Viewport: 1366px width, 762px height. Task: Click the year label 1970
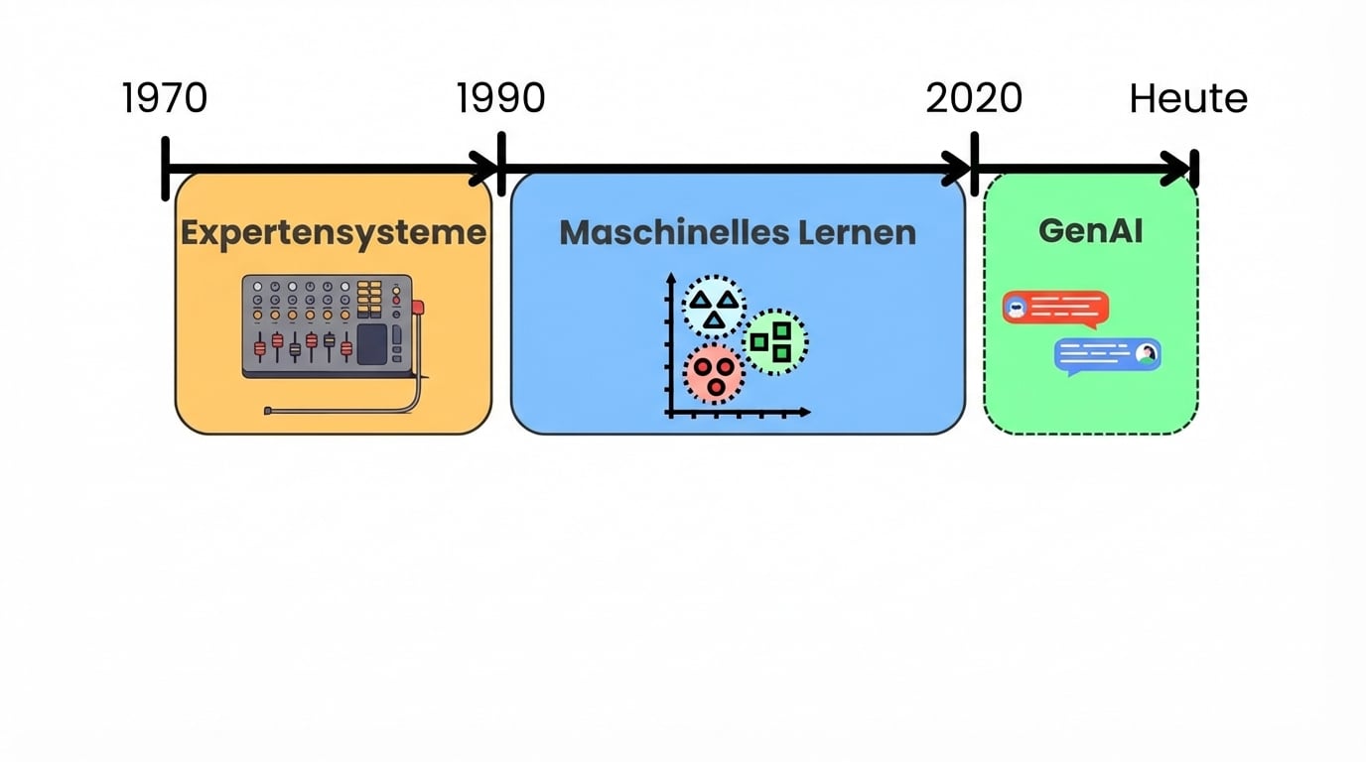165,98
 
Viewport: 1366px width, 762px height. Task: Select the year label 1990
500,98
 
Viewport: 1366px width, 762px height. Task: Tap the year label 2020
974,98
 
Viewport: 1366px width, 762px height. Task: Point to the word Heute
1188,99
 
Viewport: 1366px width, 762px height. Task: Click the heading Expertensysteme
334,232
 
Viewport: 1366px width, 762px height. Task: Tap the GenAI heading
1090,230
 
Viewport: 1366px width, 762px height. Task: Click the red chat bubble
1055,309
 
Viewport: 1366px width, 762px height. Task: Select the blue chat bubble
1107,355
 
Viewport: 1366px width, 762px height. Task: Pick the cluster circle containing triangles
714,307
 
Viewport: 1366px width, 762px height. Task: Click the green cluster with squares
774,341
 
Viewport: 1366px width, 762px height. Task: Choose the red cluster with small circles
713,374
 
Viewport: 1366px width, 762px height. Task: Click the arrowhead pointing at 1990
486,169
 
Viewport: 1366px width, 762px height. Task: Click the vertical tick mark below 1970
166,169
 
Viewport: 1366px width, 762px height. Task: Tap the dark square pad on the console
371,343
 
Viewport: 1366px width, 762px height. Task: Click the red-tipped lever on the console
417,308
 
